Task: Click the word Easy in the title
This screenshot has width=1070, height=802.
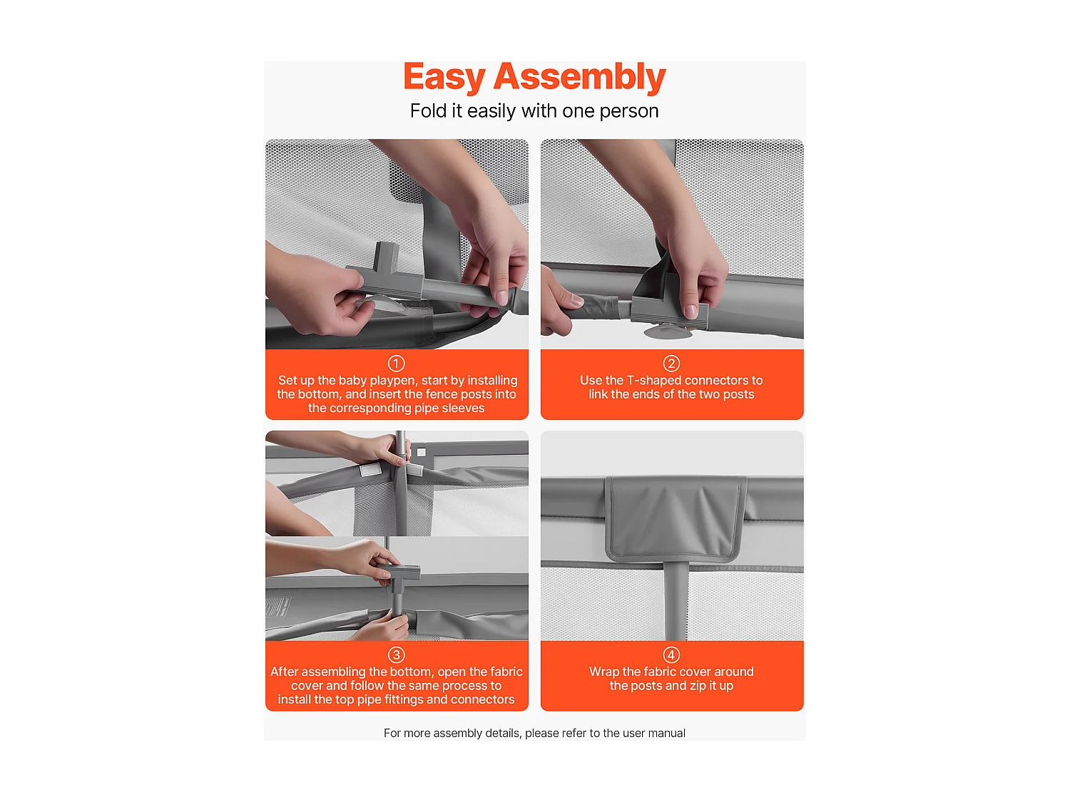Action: click(444, 77)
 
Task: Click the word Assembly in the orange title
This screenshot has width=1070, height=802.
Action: click(580, 77)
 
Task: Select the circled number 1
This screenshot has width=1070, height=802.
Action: click(397, 364)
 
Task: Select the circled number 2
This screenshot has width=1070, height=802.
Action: click(671, 364)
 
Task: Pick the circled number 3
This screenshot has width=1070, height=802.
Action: click(397, 655)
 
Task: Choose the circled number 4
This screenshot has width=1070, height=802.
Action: click(671, 655)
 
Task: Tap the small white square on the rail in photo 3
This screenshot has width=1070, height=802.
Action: click(421, 453)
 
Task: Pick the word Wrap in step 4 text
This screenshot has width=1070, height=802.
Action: click(603, 672)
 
